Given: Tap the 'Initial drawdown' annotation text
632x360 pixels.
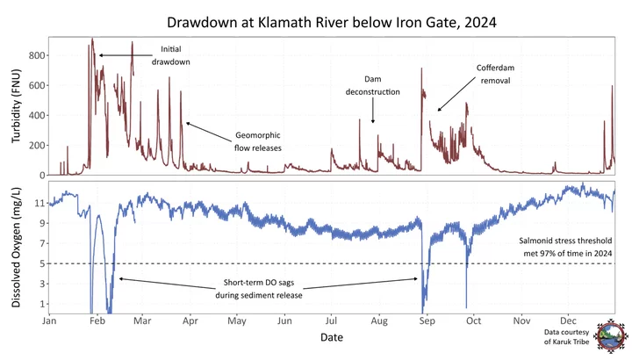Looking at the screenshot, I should pos(176,55).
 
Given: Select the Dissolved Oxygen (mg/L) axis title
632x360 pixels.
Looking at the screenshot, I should pos(14,248).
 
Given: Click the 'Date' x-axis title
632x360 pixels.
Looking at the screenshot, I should pos(331,337).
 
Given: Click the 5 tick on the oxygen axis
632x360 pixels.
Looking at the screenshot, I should pos(40,263).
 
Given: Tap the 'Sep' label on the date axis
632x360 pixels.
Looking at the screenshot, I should pos(427,322).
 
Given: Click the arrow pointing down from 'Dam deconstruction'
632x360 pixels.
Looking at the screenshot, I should pos(373,112).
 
